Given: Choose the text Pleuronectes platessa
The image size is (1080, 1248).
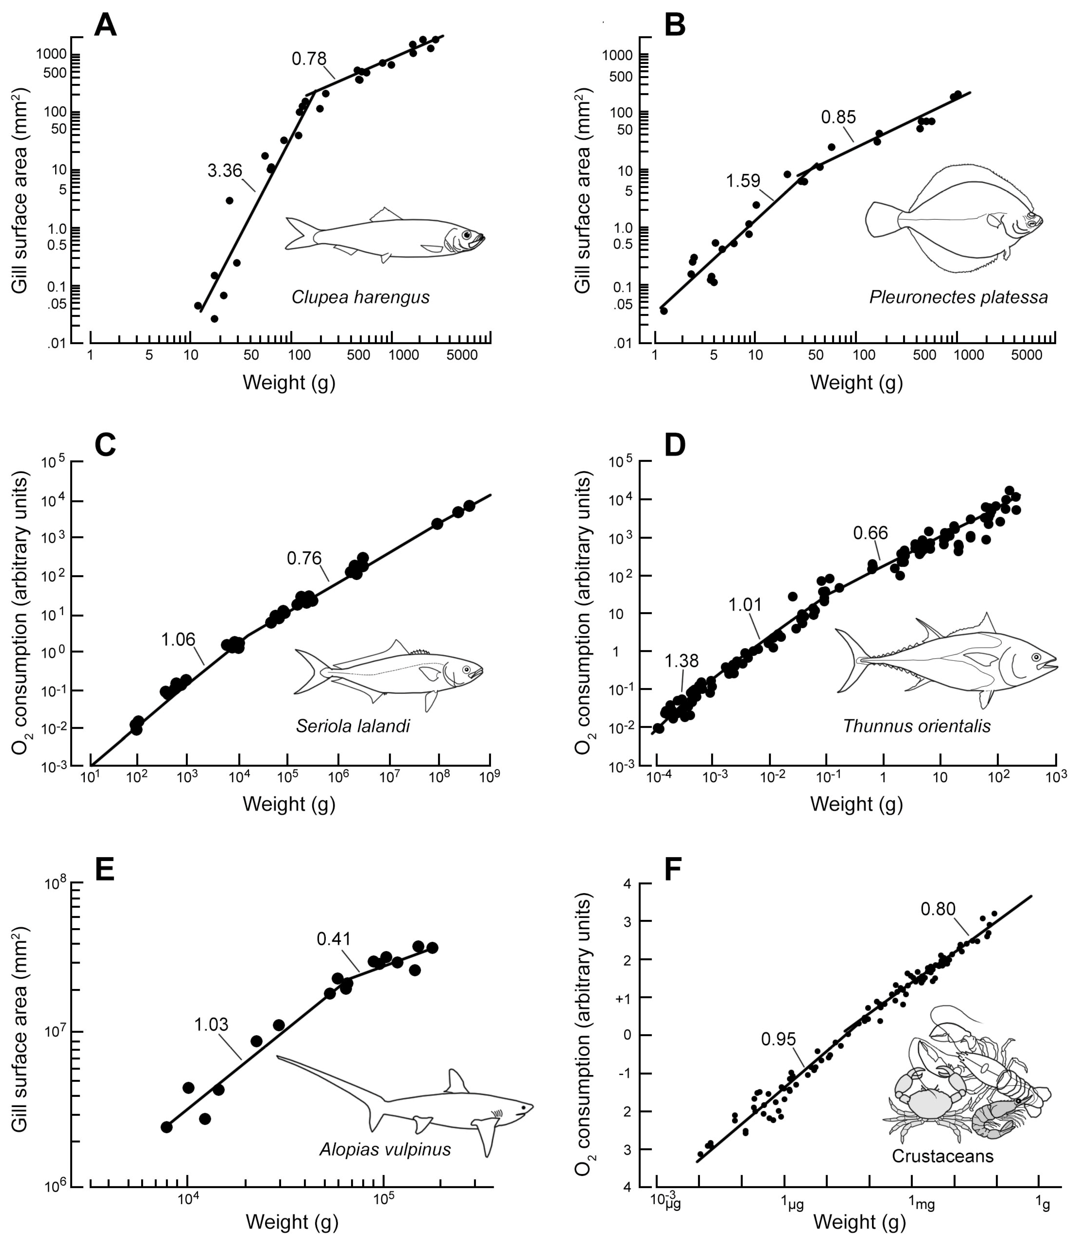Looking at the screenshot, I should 958,297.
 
